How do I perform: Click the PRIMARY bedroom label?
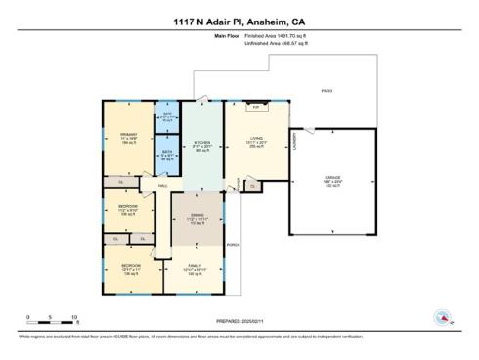tap(127, 134)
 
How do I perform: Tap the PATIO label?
tap(327, 91)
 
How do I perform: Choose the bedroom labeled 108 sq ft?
tap(128, 207)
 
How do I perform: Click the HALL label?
tap(164, 184)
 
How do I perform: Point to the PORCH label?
tap(233, 244)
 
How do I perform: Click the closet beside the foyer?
tap(252, 185)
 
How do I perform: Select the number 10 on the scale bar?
tap(75, 316)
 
